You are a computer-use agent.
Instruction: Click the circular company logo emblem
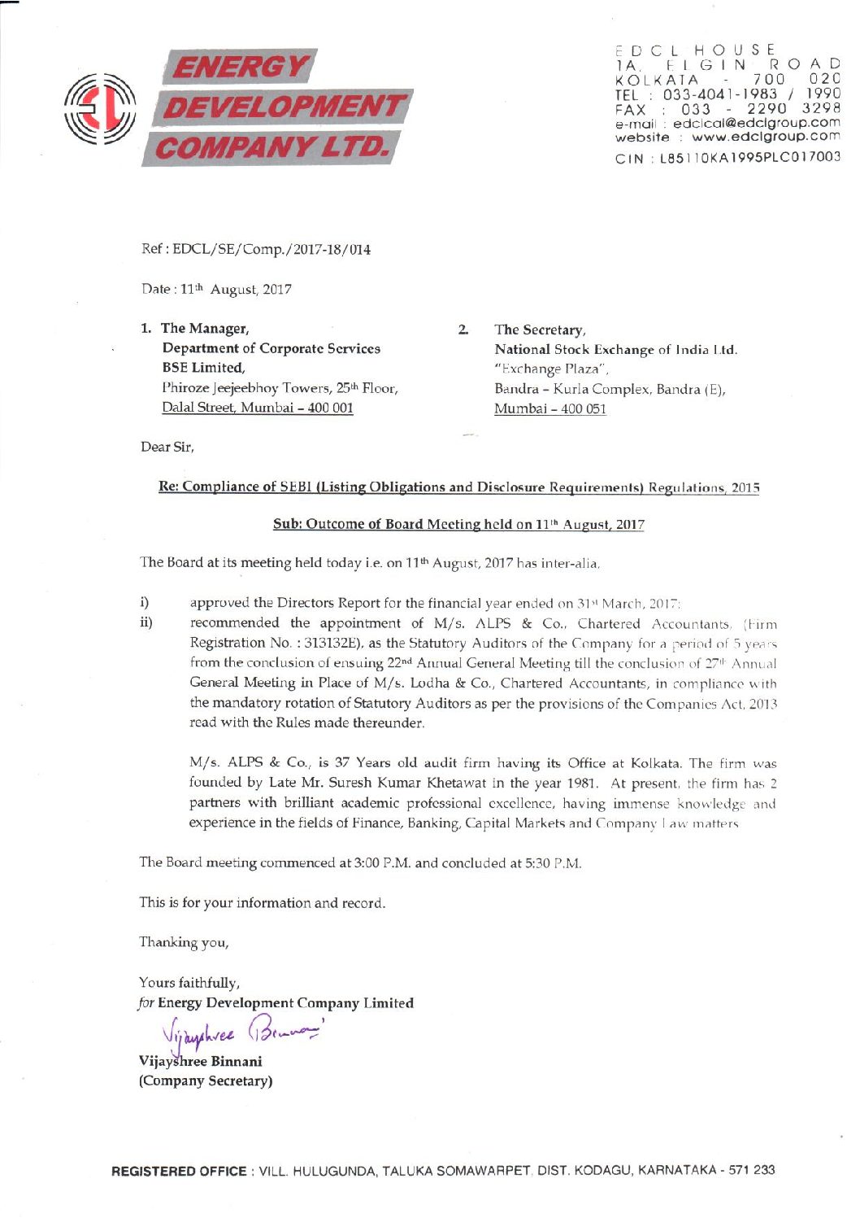coord(99,108)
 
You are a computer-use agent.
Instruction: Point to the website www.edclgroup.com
coord(766,137)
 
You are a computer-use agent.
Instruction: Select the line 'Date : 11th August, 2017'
coord(216,290)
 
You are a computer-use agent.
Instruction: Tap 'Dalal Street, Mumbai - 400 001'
coord(258,408)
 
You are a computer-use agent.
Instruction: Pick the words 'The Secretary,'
coord(540,330)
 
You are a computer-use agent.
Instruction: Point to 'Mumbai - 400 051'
coord(550,408)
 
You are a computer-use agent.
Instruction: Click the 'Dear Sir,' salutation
coord(167,447)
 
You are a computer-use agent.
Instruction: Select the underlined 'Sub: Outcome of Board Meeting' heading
coord(458,524)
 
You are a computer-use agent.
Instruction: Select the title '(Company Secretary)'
coord(206,1081)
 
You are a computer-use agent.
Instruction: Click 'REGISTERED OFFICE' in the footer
coord(179,1171)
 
